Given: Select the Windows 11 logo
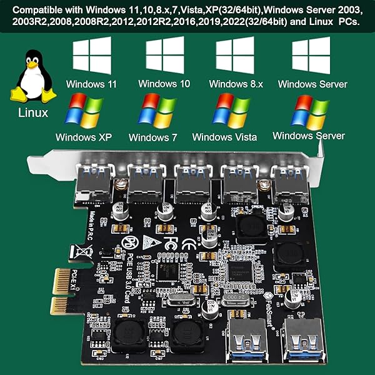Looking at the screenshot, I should tap(92, 56).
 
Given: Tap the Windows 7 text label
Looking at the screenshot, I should tap(153, 137).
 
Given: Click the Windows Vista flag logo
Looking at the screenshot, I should tap(230, 111).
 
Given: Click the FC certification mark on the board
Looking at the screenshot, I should tap(172, 241).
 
